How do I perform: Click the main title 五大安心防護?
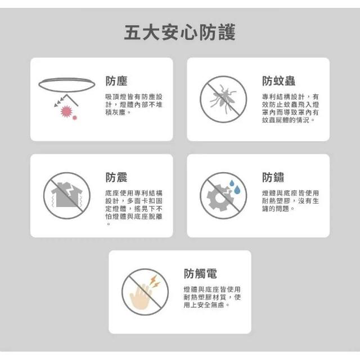[180, 33]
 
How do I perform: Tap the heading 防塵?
[116, 81]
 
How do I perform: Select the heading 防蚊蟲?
[278, 81]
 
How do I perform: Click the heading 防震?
[116, 177]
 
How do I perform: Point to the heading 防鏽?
[273, 177]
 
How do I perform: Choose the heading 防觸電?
[200, 273]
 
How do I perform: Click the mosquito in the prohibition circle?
[223, 99]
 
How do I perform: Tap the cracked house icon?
[66, 195]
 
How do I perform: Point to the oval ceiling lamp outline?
[67, 85]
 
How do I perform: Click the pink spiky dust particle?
[66, 111]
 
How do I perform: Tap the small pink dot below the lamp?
[75, 118]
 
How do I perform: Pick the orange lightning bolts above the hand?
[155, 281]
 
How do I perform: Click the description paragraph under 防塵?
[134, 105]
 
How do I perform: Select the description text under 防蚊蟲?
[290, 109]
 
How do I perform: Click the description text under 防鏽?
[290, 201]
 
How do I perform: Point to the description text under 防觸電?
[212, 297]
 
